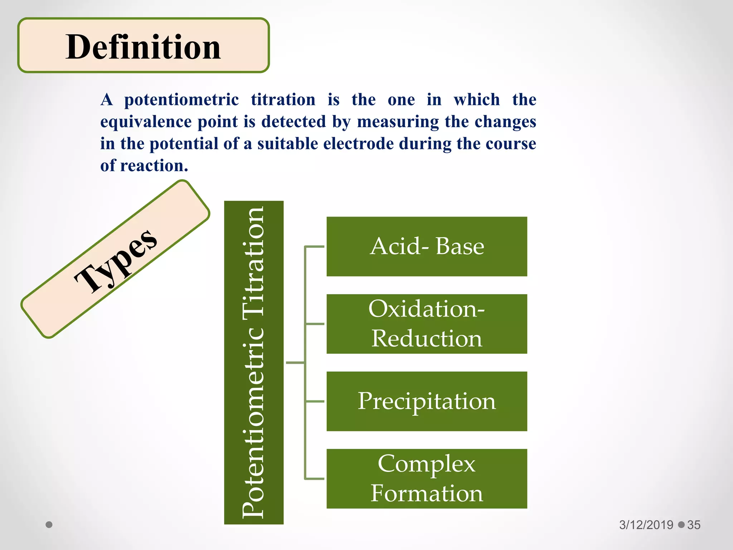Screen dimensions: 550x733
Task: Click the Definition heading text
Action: coord(143,47)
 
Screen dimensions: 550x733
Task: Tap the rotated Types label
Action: coord(115,260)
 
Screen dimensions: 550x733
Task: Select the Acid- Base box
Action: coord(427,246)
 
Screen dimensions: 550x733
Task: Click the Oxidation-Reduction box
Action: coord(427,324)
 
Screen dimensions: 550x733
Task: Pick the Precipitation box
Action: coord(427,401)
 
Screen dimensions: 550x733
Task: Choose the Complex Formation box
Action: coord(427,478)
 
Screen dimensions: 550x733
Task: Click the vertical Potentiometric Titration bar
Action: coord(254,362)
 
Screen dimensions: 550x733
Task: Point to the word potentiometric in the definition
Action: coord(181,100)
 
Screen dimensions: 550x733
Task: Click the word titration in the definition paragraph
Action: coord(283,100)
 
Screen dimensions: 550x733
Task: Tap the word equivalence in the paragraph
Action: coord(146,122)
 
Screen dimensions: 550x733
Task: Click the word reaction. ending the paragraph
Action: coord(154,166)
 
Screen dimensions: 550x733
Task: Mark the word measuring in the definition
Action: coord(398,122)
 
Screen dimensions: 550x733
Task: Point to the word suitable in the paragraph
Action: coord(288,144)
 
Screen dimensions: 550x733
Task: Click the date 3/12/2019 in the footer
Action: coord(646,525)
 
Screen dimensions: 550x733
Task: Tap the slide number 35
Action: coord(694,525)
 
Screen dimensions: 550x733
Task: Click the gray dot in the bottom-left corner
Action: coord(49,525)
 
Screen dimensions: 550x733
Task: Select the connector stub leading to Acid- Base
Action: coord(315,246)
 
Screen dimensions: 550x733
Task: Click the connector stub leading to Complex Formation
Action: coord(315,478)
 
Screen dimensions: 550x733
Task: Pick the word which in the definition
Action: coord(477,100)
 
